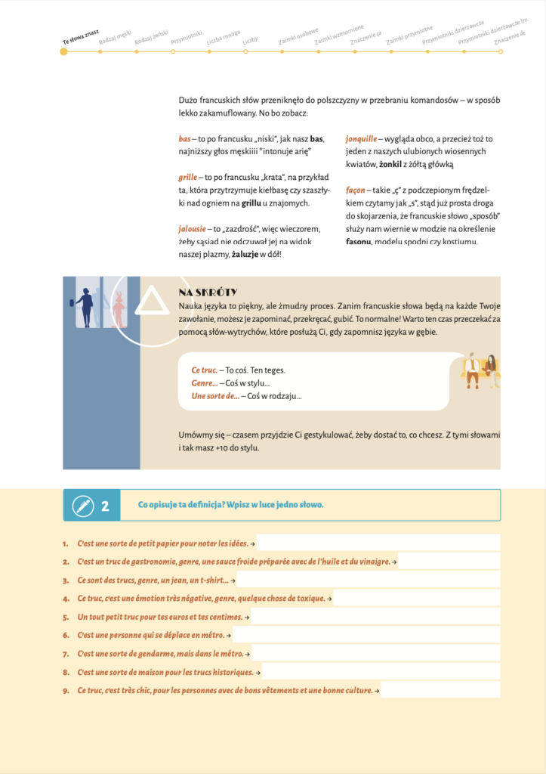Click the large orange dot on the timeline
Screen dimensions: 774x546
(x=63, y=51)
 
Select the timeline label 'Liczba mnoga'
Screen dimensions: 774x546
(x=224, y=38)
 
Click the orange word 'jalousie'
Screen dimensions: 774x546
(x=193, y=229)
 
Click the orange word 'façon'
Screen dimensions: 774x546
(x=356, y=190)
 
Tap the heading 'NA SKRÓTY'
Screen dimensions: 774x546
(x=208, y=293)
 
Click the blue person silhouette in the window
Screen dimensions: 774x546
(x=85, y=306)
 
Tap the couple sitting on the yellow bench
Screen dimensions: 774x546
(x=480, y=370)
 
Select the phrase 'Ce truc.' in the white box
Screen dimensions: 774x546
(x=204, y=370)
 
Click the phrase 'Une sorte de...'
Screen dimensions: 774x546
(x=215, y=396)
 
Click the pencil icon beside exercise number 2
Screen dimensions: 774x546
(x=78, y=506)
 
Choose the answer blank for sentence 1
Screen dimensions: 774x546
(x=378, y=543)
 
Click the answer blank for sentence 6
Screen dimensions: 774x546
(x=366, y=635)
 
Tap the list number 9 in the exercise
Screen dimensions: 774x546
(x=66, y=690)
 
